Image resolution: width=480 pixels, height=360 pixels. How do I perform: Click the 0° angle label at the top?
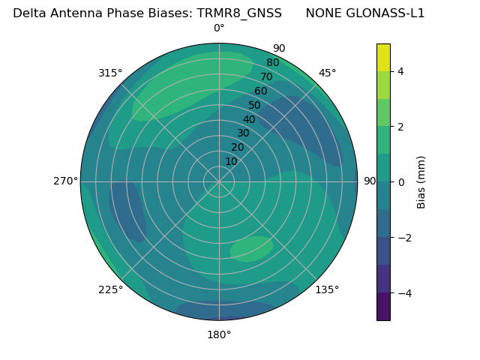tap(219, 28)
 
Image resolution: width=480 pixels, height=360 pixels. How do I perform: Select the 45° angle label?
tap(327, 73)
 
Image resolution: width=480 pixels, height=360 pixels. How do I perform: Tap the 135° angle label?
tap(327, 289)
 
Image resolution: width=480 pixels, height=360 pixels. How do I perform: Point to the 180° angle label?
tap(219, 334)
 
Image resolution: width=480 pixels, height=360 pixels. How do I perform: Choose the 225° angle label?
tap(110, 289)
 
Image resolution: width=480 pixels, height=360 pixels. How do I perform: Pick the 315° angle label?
tap(110, 73)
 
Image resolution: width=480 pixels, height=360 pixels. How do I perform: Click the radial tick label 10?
tap(231, 161)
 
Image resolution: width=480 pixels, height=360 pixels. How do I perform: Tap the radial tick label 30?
tap(243, 133)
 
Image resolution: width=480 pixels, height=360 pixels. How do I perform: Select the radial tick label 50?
tap(255, 106)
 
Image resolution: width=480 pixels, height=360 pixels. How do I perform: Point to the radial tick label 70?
tap(266, 77)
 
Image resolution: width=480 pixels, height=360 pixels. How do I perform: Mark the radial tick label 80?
tap(272, 63)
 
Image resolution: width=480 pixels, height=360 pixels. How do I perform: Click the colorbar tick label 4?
tap(401, 71)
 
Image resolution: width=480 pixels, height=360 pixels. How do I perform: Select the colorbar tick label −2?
tap(404, 238)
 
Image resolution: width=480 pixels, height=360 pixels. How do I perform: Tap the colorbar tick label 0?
tap(401, 182)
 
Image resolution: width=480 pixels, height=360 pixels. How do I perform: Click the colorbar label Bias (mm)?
tap(421, 181)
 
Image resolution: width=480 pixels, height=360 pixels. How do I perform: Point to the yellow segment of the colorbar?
tap(383, 57)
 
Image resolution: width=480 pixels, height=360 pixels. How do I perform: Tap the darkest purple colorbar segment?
tap(383, 307)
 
